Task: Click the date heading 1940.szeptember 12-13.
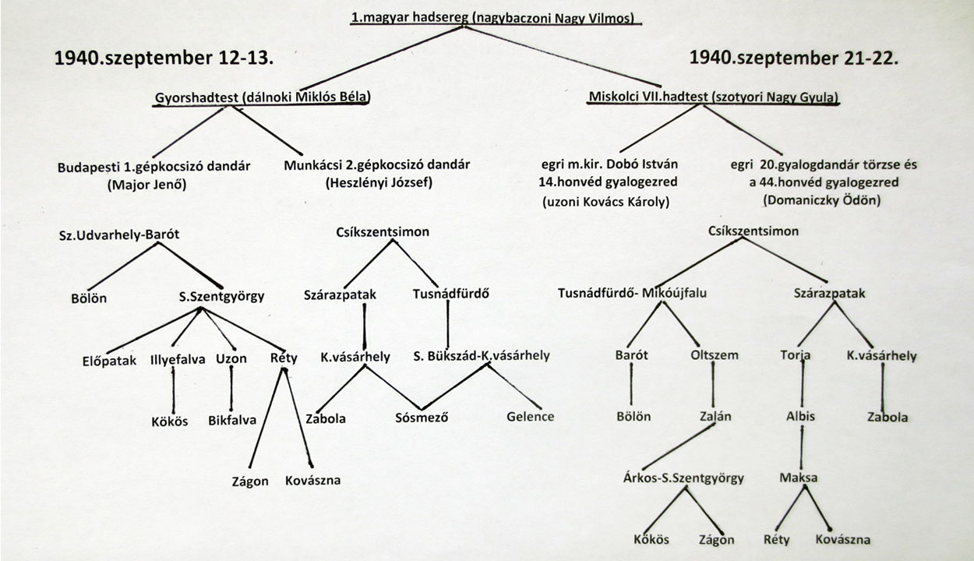(x=164, y=58)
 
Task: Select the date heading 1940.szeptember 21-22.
(x=794, y=58)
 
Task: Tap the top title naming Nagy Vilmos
(x=492, y=18)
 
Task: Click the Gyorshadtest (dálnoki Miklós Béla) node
(x=262, y=97)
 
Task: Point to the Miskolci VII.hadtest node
(x=714, y=97)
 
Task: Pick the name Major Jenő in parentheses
(x=147, y=185)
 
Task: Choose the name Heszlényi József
(x=379, y=182)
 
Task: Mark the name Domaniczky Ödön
(x=822, y=200)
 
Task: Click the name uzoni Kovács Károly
(x=605, y=202)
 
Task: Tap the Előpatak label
(x=109, y=361)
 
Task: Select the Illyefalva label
(x=178, y=360)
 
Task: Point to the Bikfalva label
(x=232, y=421)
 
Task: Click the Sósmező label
(x=422, y=418)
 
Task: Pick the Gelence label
(x=530, y=417)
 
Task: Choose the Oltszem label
(x=715, y=355)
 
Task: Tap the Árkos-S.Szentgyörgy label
(x=683, y=478)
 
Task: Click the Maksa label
(x=799, y=478)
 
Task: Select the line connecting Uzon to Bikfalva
(x=231, y=388)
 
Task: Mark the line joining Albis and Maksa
(x=802, y=448)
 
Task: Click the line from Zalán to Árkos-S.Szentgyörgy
(x=679, y=447)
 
